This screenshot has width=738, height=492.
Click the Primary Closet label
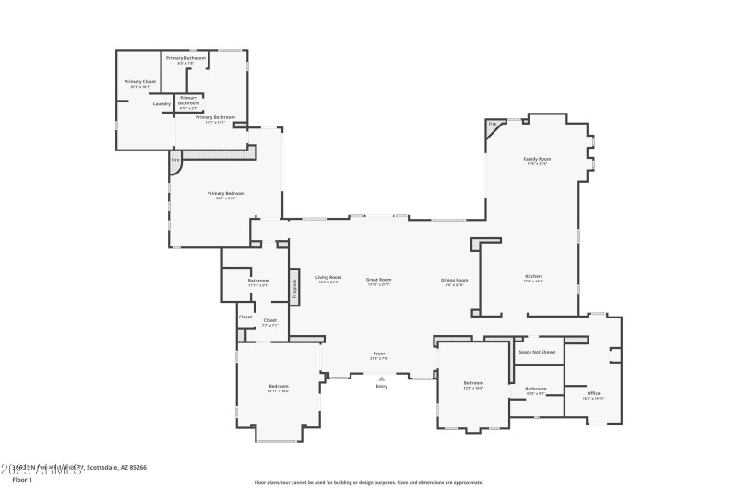tap(140, 81)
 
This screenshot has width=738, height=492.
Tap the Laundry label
tap(161, 103)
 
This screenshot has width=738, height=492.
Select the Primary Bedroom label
tap(225, 193)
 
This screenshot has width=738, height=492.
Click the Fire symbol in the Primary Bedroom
tap(175, 160)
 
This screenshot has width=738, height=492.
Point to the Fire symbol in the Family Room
tap(493, 123)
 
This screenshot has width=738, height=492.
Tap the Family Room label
tap(536, 159)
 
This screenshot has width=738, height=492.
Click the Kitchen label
tap(533, 276)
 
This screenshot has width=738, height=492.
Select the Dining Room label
tap(454, 280)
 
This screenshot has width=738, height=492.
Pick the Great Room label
tap(379, 279)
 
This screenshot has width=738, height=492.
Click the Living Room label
tap(328, 277)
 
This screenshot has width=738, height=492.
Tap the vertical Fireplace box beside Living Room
tap(294, 286)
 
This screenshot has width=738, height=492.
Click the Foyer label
tap(378, 353)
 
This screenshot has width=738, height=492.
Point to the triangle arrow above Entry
tap(381, 378)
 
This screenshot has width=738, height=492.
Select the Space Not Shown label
tap(536, 352)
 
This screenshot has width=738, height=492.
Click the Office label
tap(593, 393)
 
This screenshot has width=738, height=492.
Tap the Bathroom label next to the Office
tap(536, 389)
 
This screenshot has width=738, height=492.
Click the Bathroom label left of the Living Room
tap(258, 280)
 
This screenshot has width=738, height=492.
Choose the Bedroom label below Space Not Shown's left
tap(472, 382)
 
